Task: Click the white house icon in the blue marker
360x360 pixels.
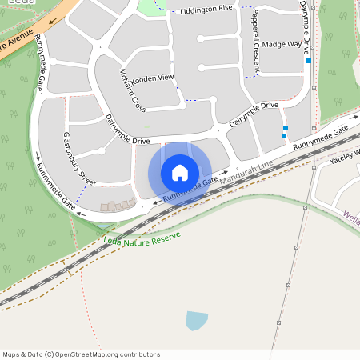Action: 180,172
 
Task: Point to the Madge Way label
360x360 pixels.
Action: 282,45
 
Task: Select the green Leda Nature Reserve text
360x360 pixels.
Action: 142,238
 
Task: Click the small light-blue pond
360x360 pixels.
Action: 196,321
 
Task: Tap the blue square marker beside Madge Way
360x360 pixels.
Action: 309,61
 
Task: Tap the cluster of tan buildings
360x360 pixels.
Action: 118,206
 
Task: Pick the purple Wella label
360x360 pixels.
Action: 351,214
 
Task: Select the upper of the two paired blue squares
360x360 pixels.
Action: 286,128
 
